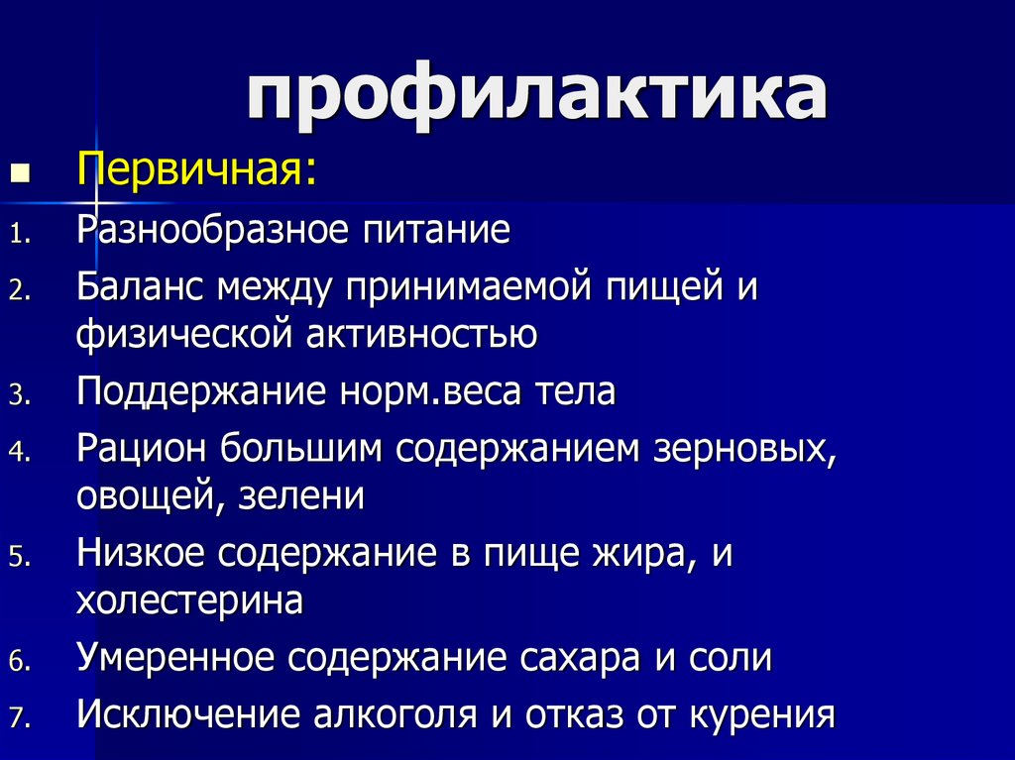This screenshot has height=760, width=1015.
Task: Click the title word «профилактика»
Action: (x=536, y=96)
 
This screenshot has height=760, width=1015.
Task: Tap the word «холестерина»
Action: (x=189, y=600)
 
